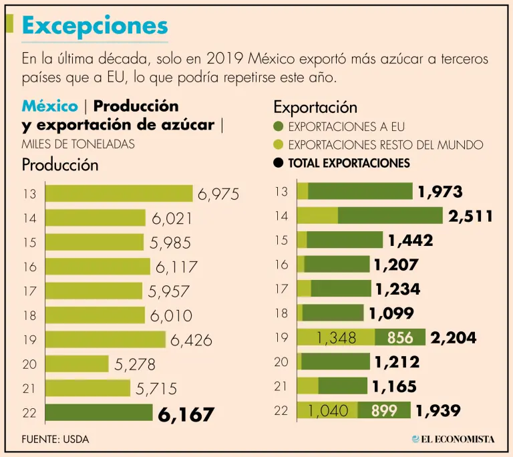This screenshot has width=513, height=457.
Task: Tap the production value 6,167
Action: click(186, 414)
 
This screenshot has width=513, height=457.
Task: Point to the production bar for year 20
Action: click(77, 363)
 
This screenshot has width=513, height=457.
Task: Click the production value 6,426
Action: click(191, 340)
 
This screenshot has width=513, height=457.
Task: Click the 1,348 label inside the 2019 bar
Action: click(337, 337)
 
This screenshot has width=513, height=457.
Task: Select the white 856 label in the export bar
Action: click(400, 337)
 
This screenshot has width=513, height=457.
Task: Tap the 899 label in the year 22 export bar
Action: click(384, 411)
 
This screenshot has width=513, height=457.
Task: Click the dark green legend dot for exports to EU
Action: click(279, 127)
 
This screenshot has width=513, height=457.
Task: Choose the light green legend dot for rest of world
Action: click(279, 144)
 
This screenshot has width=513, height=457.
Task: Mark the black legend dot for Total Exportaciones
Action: click(279, 162)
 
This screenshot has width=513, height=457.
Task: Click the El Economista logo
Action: click(453, 438)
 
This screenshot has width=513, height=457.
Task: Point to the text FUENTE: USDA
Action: click(55, 439)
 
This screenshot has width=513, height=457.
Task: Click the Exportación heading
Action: click(315, 107)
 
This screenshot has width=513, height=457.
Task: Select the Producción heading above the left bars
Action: click(60, 164)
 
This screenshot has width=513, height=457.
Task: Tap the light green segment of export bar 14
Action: click(317, 215)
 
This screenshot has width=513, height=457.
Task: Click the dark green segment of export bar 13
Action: click(360, 191)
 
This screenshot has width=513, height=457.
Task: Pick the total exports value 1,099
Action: click(391, 313)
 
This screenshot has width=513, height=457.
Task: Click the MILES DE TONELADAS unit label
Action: click(78, 144)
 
